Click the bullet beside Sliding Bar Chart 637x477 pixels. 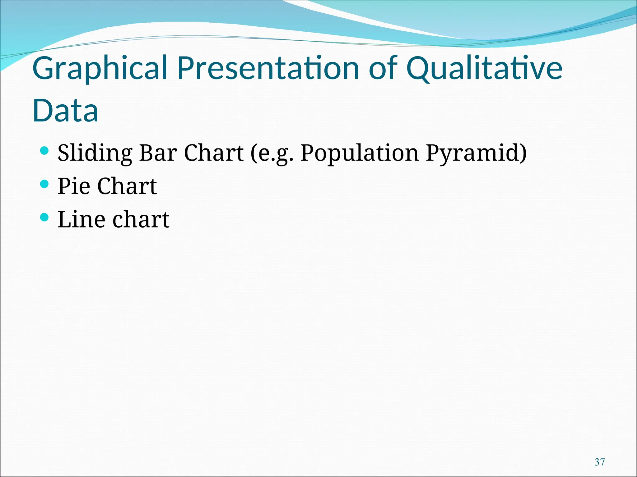pos(45,151)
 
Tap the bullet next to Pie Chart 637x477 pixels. pos(45,184)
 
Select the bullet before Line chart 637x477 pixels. pos(45,217)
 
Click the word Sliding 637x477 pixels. pos(95,153)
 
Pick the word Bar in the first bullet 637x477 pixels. pos(158,153)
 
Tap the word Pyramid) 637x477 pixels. pos(476,153)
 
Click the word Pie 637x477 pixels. pos(74,186)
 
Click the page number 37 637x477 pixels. pos(600,462)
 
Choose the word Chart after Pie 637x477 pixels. pos(127,186)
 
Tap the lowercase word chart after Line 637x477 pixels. pos(141,220)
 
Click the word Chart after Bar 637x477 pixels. pos(214,153)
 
